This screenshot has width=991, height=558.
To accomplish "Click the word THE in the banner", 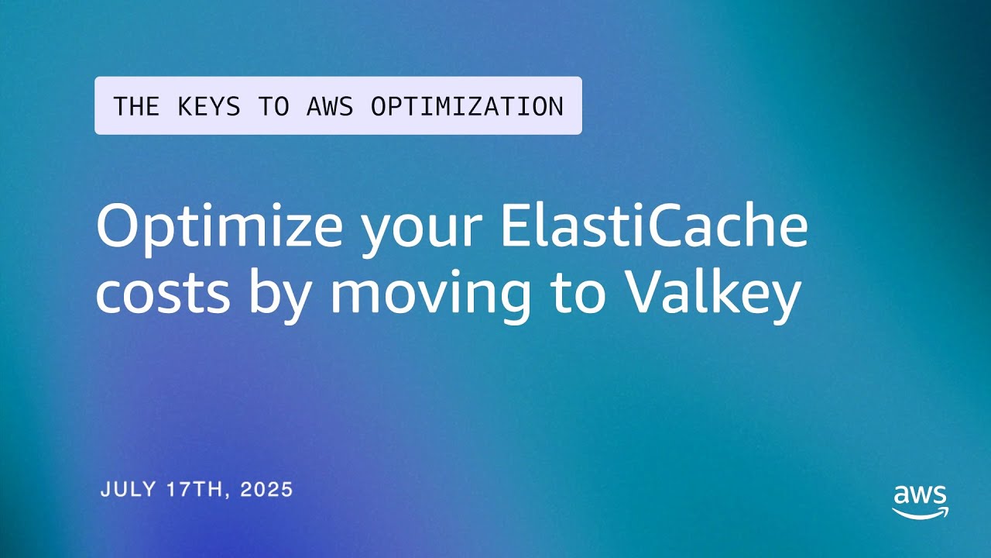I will point(135,106).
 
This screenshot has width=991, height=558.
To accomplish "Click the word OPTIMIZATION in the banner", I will point(467,106).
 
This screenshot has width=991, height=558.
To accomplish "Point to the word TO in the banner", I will point(273,106).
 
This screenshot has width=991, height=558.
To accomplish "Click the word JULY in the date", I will point(129,489).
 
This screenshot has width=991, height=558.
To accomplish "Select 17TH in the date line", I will point(195,489).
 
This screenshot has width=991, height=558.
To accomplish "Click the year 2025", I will point(266,489).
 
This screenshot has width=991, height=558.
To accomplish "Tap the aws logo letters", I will point(920,494).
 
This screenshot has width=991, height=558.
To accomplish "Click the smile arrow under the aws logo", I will point(920,512).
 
